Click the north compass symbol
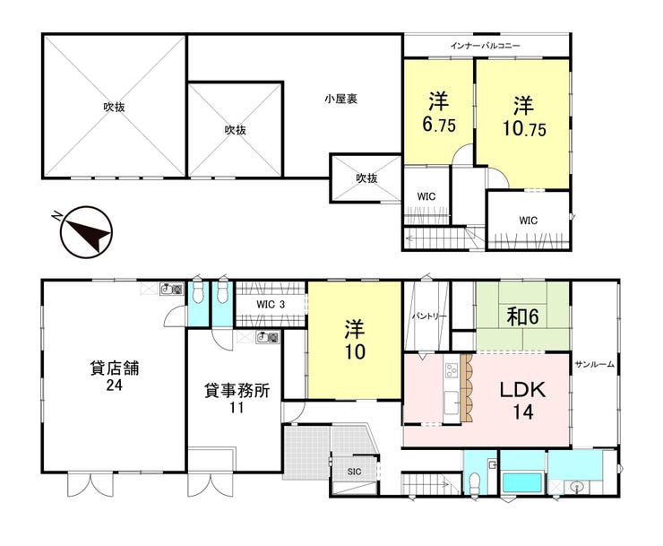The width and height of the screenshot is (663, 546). point(86,232)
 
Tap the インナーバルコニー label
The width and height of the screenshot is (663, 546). point(485,46)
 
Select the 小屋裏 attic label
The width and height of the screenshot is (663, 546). point(340,99)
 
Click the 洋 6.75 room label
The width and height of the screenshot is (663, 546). point(439,112)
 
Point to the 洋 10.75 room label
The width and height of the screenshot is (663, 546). point(524,117)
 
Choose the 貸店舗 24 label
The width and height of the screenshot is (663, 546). point(115,376)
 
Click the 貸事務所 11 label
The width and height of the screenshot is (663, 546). point(237,398)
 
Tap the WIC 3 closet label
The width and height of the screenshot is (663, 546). point(271,304)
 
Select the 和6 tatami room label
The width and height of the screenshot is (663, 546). point(523,316)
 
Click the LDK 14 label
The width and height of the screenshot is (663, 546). point(523,400)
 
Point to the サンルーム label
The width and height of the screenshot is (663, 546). point(594,364)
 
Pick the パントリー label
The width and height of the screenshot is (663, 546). point(429,316)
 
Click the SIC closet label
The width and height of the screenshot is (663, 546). point(354,471)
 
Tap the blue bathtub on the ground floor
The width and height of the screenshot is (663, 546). point(522,482)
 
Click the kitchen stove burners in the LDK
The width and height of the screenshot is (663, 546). point(451,370)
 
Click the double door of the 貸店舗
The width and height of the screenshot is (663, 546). point(90,484)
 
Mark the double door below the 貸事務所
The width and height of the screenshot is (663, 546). point(211,484)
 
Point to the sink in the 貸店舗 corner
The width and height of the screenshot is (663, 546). point(172,290)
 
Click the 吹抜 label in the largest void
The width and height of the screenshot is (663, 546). point(114,107)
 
